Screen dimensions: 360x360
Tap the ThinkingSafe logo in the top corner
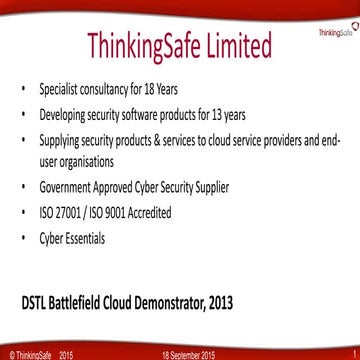pos(336,31)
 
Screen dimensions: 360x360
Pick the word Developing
pos(65,113)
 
